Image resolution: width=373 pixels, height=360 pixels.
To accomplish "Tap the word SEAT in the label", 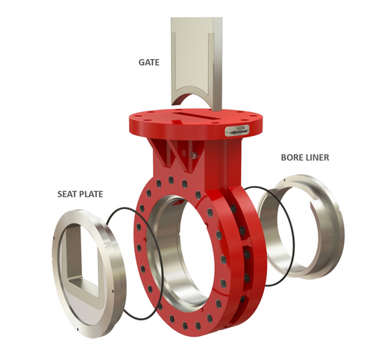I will click(x=69, y=194).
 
